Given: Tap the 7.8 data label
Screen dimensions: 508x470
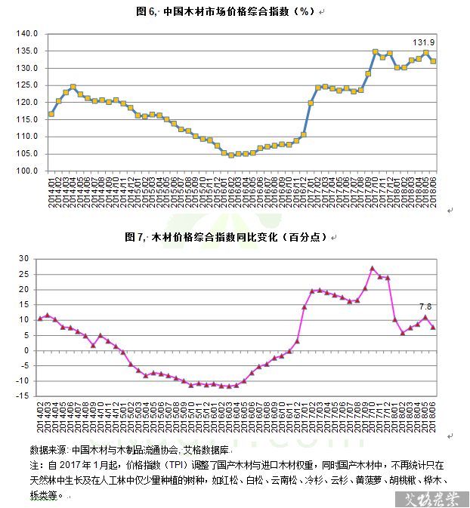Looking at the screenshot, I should point(425,306).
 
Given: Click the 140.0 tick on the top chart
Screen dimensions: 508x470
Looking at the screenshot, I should point(27,34).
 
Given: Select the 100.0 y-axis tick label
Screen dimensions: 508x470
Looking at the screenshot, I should point(27,171).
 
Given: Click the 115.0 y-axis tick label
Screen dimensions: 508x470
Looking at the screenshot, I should point(27,119).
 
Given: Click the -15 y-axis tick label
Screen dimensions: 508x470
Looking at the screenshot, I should point(21,397).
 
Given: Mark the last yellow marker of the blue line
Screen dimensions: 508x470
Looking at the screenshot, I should point(433,62).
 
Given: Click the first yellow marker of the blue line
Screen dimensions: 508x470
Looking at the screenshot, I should point(51,114).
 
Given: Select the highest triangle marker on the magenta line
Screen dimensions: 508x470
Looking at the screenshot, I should point(372,269).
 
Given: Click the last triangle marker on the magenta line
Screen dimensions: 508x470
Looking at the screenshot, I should point(433,327).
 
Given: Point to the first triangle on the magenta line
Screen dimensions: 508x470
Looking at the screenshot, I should point(40,319).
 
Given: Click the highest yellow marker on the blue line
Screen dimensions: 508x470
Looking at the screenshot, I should point(376,52).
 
